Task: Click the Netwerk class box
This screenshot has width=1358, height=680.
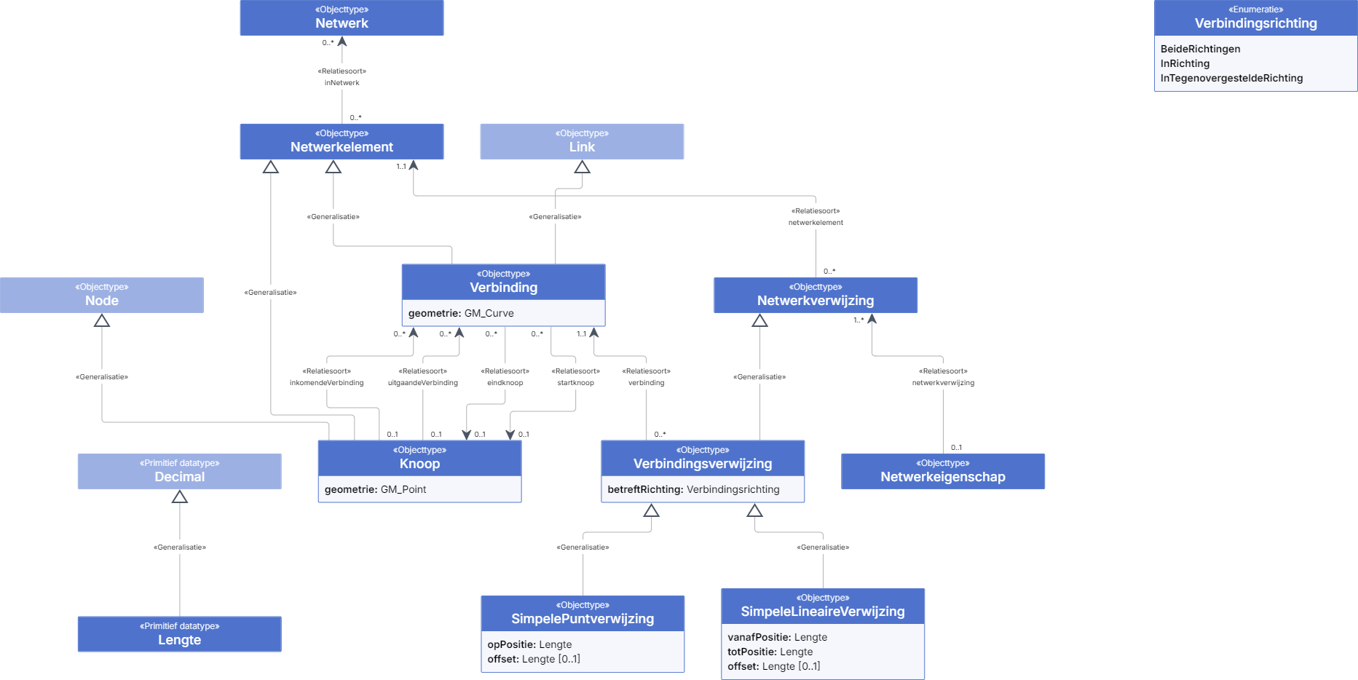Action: pos(342,17)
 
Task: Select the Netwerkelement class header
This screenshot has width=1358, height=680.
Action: pos(342,141)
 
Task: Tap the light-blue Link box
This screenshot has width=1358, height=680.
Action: pos(582,141)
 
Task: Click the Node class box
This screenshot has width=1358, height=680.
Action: pos(102,295)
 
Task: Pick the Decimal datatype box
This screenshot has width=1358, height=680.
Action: pos(180,471)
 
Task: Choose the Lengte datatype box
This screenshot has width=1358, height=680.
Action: pos(180,634)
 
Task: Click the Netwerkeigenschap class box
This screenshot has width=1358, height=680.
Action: pos(943,471)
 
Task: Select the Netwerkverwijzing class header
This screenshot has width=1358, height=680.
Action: pos(816,295)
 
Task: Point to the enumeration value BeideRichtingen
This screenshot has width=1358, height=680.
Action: pos(1200,49)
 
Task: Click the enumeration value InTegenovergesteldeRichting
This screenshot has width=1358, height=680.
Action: pos(1231,78)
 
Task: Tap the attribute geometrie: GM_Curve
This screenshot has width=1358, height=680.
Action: pos(461,313)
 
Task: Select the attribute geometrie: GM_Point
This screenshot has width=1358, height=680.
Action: pos(375,489)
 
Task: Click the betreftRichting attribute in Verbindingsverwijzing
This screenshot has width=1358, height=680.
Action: pos(693,489)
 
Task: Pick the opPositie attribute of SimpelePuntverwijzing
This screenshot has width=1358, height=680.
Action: pos(529,644)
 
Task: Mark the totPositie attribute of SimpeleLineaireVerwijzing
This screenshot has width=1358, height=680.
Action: pos(770,652)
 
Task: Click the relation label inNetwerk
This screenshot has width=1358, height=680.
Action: pos(342,83)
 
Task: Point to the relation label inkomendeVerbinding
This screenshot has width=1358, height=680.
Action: pos(326,383)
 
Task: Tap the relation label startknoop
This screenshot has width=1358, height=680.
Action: pos(575,383)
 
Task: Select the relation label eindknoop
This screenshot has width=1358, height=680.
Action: pos(505,383)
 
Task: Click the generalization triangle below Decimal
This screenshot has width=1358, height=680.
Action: pos(180,497)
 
